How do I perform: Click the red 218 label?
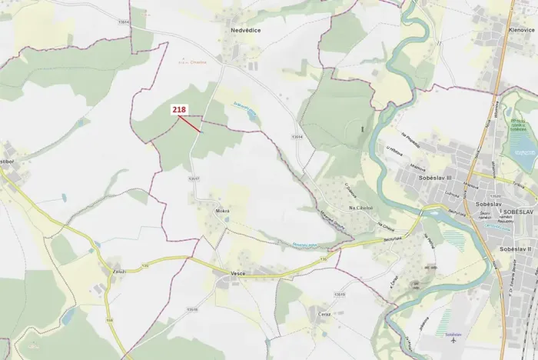point(179,111)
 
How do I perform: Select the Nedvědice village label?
point(245,31)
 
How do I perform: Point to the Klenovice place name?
point(521,29)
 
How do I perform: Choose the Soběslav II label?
point(516,249)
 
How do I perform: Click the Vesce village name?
point(237,273)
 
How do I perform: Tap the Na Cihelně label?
point(360,208)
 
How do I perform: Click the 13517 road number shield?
point(194,179)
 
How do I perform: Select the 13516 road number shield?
point(191,309)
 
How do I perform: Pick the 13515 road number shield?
point(340,295)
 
